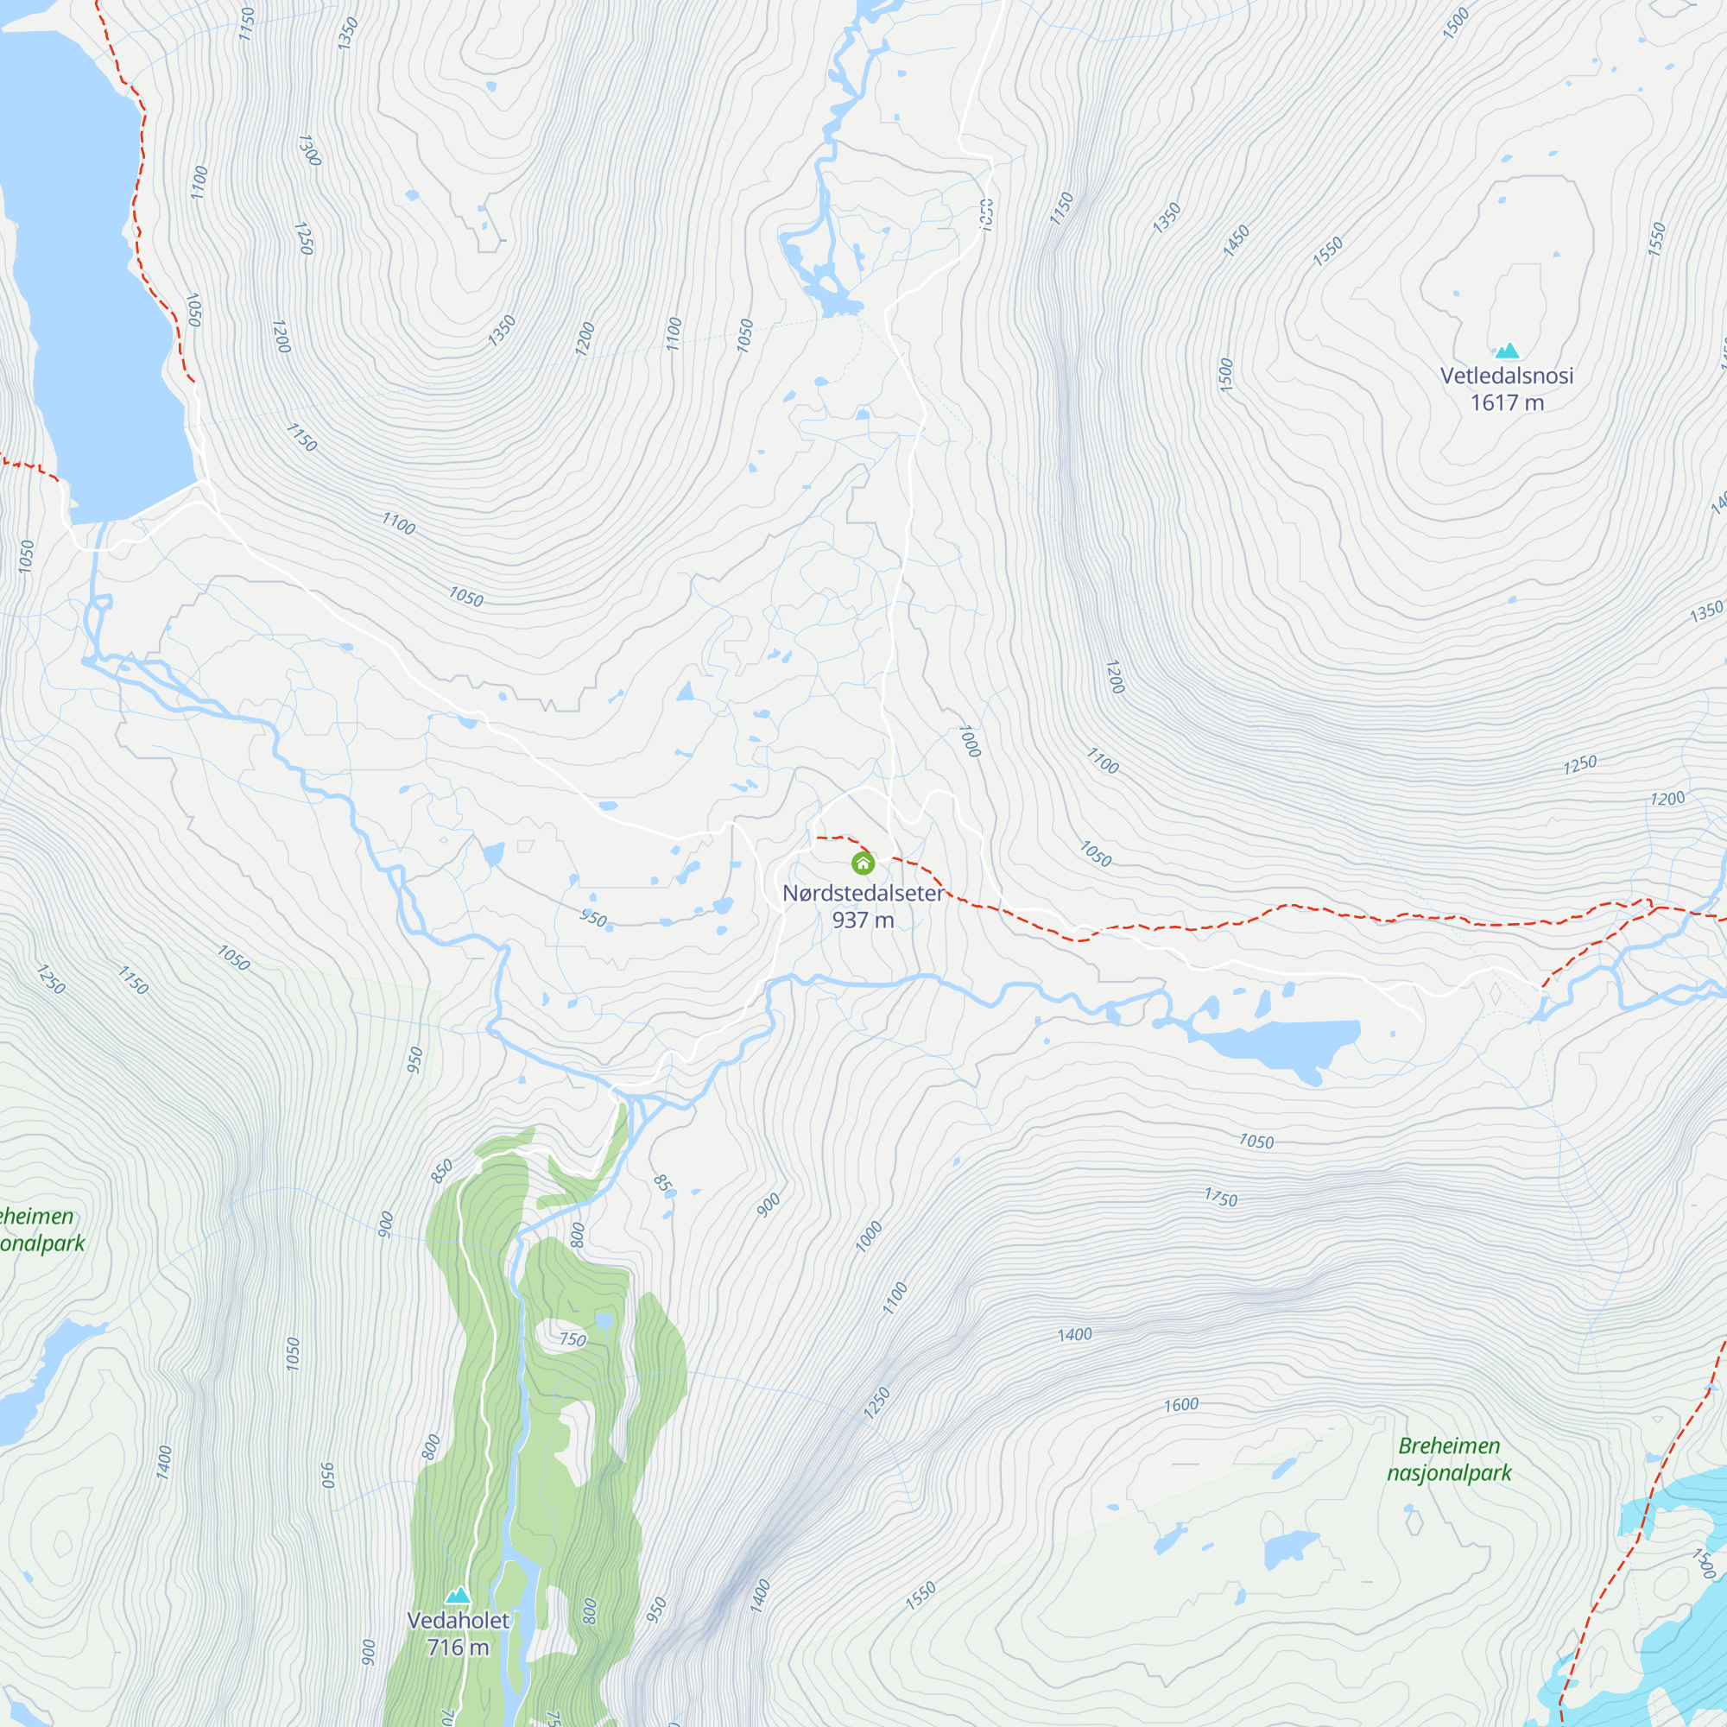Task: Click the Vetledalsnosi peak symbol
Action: [x=1507, y=351]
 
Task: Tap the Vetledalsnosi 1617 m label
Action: [x=1507, y=389]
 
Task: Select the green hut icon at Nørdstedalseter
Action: [x=863, y=863]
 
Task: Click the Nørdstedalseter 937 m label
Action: [x=863, y=906]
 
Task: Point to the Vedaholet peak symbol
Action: [x=458, y=1596]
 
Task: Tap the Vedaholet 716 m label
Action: [x=458, y=1633]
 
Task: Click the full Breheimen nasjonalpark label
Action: [x=1449, y=1458]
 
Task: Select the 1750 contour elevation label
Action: [x=1220, y=1198]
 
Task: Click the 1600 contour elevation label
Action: [x=1180, y=1405]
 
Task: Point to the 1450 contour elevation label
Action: [x=1237, y=240]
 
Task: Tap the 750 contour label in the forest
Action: [x=573, y=1339]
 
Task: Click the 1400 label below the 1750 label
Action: [x=1074, y=1335]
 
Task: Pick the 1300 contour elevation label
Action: [x=308, y=150]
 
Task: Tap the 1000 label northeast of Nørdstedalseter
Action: [x=969, y=741]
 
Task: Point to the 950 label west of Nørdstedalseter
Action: [x=592, y=918]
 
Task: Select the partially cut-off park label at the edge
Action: [x=41, y=1229]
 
